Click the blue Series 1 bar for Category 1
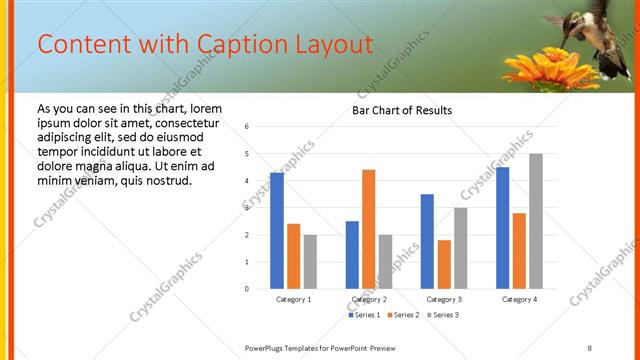tap(277, 231)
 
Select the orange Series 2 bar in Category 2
tap(368, 230)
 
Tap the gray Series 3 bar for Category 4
tap(535, 221)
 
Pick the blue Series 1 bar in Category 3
tap(427, 242)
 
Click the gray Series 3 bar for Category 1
tap(310, 262)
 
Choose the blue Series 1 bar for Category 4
tap(502, 228)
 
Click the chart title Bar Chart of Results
tap(402, 110)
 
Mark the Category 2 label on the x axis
tap(369, 299)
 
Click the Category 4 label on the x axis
tap(519, 299)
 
